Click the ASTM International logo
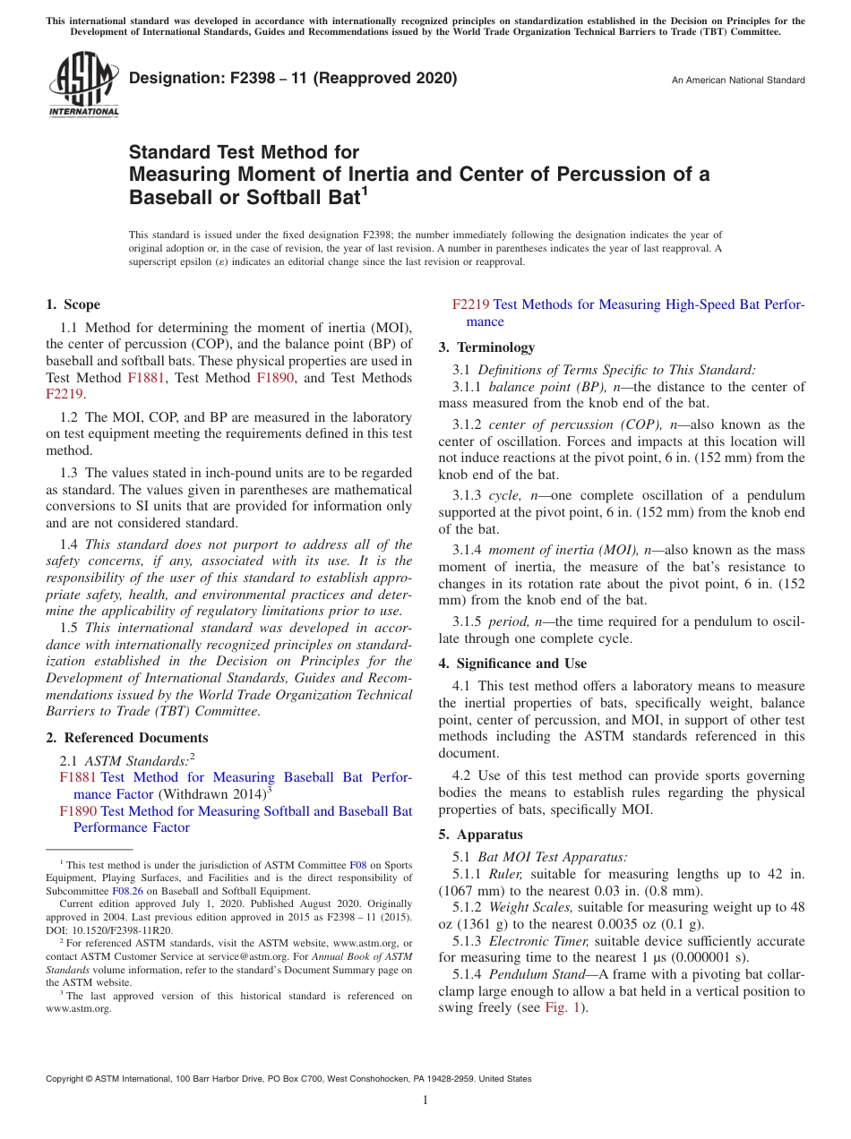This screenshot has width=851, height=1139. click(x=82, y=85)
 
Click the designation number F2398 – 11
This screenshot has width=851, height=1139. click(x=292, y=78)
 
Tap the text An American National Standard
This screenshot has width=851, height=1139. click(x=738, y=81)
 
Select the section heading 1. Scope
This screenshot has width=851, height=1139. click(x=73, y=304)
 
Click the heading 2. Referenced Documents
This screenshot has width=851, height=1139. click(x=127, y=738)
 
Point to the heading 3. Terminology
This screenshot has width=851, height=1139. click(x=486, y=347)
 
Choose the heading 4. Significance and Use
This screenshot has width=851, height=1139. click(x=512, y=664)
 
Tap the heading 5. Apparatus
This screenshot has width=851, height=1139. click(x=480, y=835)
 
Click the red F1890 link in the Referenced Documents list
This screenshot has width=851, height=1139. click(x=78, y=811)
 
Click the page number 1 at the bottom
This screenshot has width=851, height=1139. click(x=425, y=1100)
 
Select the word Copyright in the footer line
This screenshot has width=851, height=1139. click(x=66, y=1079)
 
